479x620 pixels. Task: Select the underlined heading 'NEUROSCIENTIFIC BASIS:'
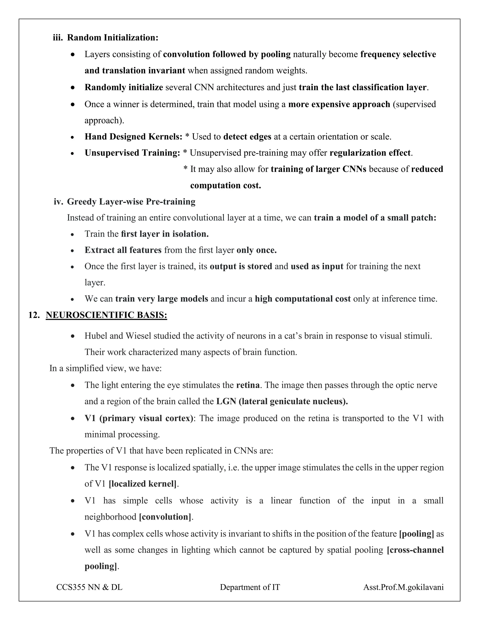[x=106, y=315]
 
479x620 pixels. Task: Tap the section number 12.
[x=34, y=315]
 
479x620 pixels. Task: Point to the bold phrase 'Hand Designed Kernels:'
[x=133, y=137]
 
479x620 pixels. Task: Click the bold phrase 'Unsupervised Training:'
[x=132, y=153]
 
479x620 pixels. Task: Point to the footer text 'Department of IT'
[x=250, y=587]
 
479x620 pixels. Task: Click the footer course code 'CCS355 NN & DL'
[x=89, y=587]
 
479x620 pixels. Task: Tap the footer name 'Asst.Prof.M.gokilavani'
[x=403, y=587]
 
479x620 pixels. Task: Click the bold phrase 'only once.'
[x=257, y=250]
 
